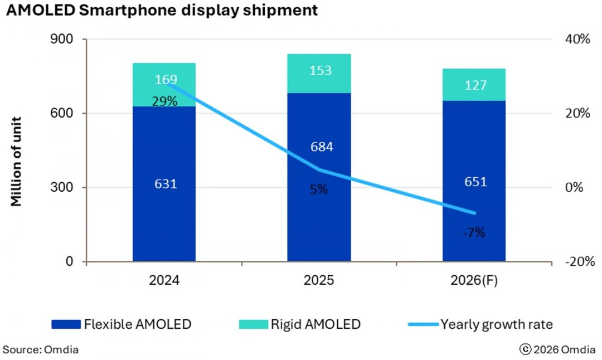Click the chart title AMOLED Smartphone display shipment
162,10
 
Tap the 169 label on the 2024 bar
166,80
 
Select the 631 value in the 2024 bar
166,183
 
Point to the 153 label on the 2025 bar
321,71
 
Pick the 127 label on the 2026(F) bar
475,85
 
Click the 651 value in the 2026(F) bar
475,182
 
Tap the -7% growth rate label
474,233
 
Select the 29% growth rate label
166,101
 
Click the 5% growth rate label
319,189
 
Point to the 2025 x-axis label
319,280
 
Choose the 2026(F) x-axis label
474,280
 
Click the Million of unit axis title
17,161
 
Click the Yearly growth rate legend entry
480,324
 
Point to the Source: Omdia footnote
40,350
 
